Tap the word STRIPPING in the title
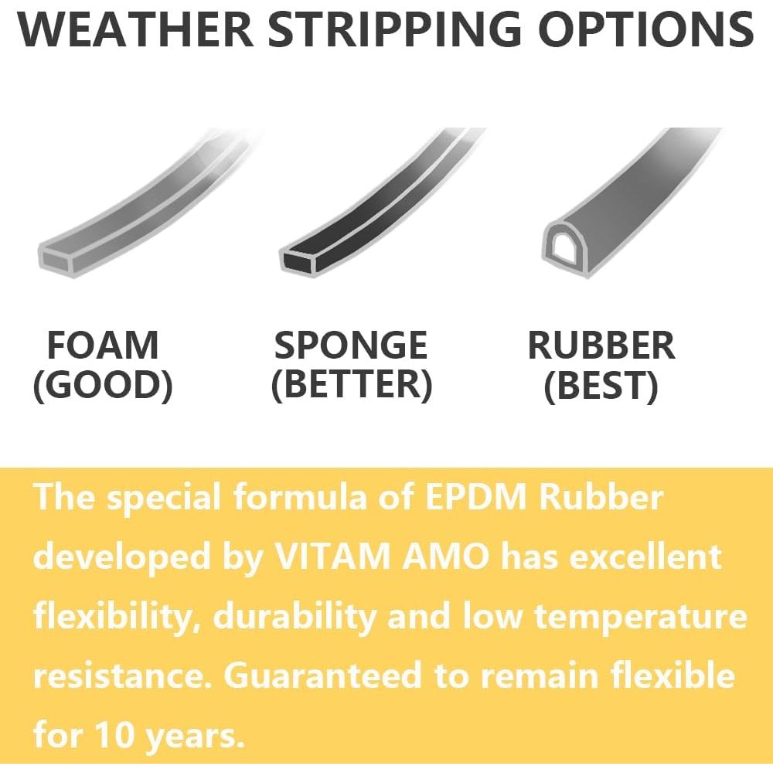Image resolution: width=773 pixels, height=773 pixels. pyautogui.click(x=394, y=29)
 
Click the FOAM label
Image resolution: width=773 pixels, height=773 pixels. pyautogui.click(x=103, y=345)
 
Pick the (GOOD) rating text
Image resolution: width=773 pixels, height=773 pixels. pyautogui.click(x=103, y=385)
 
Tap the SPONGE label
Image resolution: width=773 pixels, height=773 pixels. pyautogui.click(x=350, y=345)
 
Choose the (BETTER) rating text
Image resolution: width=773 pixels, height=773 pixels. pyautogui.click(x=352, y=385)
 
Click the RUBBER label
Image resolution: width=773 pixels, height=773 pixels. pyautogui.click(x=601, y=345)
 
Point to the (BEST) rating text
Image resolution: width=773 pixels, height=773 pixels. pyautogui.click(x=601, y=385)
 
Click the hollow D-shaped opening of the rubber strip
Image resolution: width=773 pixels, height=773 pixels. pyautogui.click(x=565, y=246)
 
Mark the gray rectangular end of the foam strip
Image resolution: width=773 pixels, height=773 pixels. pyautogui.click(x=56, y=261)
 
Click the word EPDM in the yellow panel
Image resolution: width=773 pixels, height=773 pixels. pyautogui.click(x=475, y=497)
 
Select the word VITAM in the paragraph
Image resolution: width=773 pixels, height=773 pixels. pyautogui.click(x=332, y=557)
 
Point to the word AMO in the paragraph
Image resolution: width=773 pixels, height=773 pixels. pyautogui.click(x=446, y=557)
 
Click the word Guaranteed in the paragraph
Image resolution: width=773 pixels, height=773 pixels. pyautogui.click(x=322, y=676)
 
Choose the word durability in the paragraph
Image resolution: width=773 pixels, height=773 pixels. pyautogui.click(x=295, y=617)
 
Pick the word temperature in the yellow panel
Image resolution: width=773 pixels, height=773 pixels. pyautogui.click(x=641, y=617)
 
